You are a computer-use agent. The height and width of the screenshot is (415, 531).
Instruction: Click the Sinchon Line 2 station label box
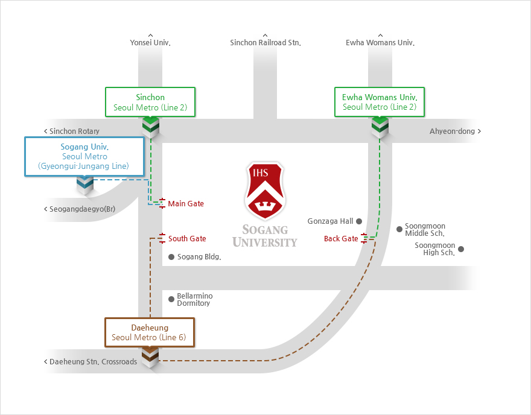tap(150, 102)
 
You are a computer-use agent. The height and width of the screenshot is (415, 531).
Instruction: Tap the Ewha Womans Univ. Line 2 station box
tap(380, 102)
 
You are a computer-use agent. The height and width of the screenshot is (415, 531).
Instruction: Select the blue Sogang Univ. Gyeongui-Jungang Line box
tap(84, 156)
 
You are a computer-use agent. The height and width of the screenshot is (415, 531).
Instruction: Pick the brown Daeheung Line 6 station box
tap(150, 332)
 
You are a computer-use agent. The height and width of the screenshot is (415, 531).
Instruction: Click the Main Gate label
tap(186, 204)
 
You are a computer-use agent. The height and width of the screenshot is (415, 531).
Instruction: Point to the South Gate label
tap(187, 239)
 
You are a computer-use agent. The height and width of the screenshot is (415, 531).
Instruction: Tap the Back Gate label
tap(341, 239)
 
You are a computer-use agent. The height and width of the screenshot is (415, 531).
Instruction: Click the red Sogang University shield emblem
tap(265, 191)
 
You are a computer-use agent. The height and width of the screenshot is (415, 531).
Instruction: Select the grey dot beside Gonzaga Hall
tap(358, 221)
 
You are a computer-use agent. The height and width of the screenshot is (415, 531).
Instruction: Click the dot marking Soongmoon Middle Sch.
tap(399, 229)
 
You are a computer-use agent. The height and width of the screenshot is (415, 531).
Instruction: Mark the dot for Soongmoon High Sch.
tap(461, 249)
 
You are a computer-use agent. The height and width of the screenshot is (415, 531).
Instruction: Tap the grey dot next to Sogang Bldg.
tap(171, 257)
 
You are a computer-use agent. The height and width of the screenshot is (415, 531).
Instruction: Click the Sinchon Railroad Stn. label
tap(265, 43)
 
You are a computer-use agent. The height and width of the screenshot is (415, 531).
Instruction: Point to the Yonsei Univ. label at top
tap(150, 43)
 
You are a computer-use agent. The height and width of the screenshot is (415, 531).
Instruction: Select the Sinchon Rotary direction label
tap(72, 131)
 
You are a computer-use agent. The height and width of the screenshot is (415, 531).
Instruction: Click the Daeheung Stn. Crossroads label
tap(91, 362)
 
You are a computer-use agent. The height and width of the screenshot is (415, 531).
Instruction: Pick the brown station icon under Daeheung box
tap(150, 358)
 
